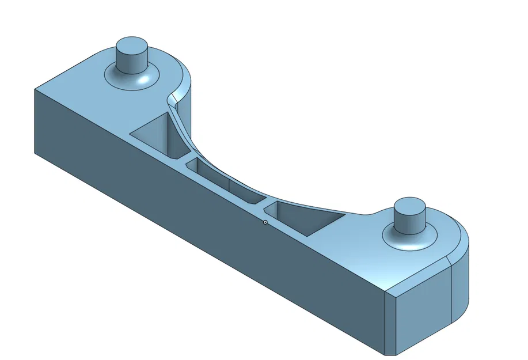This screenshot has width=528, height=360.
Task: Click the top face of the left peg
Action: (x=132, y=46)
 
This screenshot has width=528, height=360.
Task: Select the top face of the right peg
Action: (x=409, y=206)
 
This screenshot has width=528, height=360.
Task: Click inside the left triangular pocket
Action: (x=155, y=135)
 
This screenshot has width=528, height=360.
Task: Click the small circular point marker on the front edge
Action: (x=265, y=222)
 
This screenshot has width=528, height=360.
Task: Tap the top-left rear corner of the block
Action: (x=35, y=89)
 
